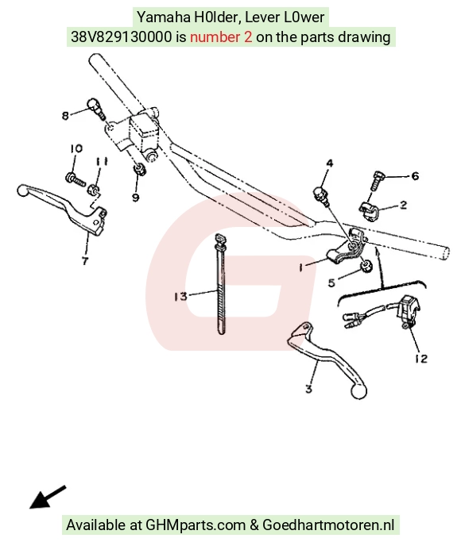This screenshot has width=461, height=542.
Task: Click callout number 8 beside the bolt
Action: click(65, 115)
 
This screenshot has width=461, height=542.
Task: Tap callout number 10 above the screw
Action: click(76, 148)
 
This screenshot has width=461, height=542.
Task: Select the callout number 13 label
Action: click(180, 297)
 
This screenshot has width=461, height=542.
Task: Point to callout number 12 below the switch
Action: click(421, 359)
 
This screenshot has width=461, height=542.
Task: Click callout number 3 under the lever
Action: click(309, 389)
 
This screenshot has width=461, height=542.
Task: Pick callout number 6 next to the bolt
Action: click(415, 176)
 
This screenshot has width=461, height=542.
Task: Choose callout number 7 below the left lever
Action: click(85, 260)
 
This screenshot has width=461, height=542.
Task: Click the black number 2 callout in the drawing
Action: click(403, 205)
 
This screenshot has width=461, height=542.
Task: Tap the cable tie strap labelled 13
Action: click(220, 284)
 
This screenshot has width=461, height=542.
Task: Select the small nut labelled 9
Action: click(139, 169)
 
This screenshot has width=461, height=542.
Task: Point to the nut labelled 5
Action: click(366, 266)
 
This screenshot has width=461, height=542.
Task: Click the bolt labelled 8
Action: click(96, 108)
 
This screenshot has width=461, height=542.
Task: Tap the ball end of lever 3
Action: click(358, 392)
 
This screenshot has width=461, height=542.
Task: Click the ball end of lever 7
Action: click(24, 190)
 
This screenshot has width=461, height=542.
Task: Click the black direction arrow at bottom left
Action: click(48, 498)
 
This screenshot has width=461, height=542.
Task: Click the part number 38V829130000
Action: click(121, 37)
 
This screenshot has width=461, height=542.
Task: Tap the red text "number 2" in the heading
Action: click(221, 37)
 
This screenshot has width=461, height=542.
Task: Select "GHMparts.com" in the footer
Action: click(196, 525)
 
